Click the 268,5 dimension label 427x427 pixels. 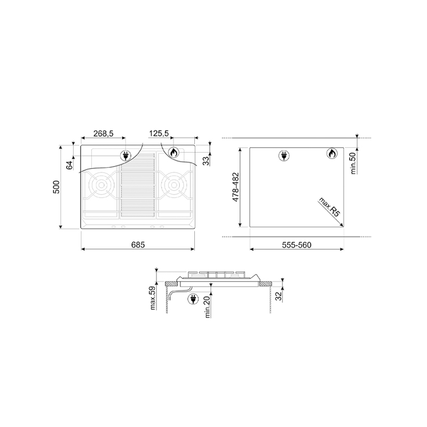(x=103, y=133)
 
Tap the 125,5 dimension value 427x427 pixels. (x=159, y=133)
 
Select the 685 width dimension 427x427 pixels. (x=138, y=245)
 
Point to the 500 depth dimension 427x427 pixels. (x=56, y=187)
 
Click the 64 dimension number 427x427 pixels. (x=70, y=165)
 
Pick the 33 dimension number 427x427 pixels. (x=207, y=161)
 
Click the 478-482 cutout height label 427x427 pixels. (x=235, y=187)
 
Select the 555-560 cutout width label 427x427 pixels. (x=297, y=245)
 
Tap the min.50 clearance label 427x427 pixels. (x=353, y=163)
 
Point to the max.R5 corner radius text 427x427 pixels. (x=330, y=207)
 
